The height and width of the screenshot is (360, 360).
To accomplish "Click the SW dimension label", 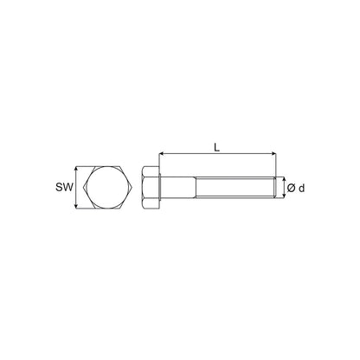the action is coord(64,188).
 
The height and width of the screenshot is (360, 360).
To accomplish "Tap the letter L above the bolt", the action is coord(216,148).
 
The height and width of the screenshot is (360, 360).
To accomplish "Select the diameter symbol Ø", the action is coord(291,189).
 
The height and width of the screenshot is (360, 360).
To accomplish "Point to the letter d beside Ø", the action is coord(301,189).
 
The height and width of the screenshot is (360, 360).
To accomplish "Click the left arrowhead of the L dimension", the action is coord(162,154).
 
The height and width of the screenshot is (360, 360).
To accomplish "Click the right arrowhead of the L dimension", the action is coord(273,154).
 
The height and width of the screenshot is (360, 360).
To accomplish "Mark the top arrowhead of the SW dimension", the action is coord(76,169).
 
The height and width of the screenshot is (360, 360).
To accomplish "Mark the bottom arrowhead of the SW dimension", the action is coord(76,206).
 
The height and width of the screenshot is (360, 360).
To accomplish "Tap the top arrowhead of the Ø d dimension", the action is coord(284,179).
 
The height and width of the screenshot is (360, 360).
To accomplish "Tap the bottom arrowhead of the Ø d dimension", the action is coord(284,196).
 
